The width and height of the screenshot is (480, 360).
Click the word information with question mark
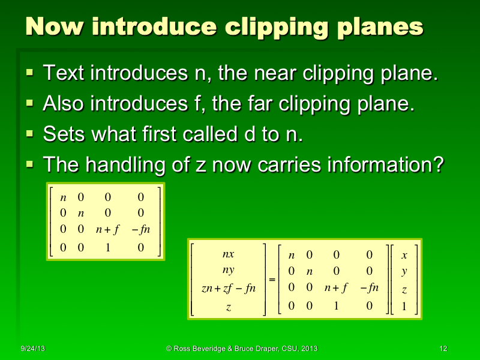tap(383, 164)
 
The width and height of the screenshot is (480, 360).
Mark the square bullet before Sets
tap(30, 133)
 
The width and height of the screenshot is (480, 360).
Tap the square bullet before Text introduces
tap(30, 74)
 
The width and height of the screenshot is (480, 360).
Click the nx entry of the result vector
tap(229, 254)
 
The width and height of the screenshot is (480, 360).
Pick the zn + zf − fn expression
tap(228, 288)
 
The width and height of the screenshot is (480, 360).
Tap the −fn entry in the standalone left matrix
tap(140, 229)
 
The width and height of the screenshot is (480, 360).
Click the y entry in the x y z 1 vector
tap(404, 272)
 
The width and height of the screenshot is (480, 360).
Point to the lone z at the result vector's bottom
tap(228, 307)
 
